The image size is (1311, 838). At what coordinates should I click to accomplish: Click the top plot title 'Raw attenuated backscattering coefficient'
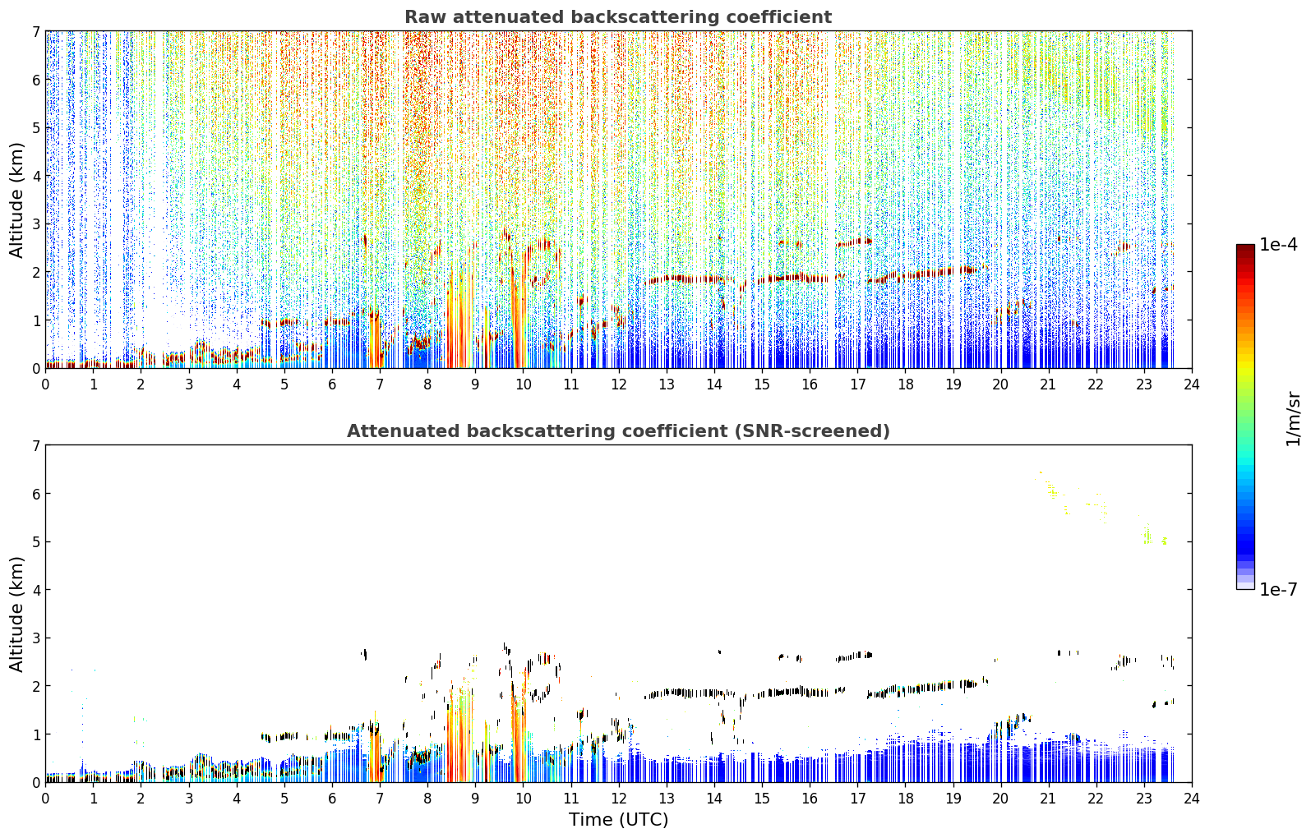pos(618,17)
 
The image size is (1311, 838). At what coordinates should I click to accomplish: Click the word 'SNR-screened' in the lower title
pos(810,431)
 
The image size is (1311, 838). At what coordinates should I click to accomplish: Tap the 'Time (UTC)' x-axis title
pos(618,819)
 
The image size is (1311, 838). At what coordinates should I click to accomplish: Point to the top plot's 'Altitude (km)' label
pos(16,200)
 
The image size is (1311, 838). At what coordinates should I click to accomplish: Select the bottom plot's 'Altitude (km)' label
pos(16,614)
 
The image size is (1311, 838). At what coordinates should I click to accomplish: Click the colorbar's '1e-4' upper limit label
pos(1278,245)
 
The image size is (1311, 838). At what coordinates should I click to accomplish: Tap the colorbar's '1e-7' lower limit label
pos(1278,589)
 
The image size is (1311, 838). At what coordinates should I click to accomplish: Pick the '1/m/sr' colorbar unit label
pos(1293,419)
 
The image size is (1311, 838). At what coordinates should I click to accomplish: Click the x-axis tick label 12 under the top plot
pos(619,384)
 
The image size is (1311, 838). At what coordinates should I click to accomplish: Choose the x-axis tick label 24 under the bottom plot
pos(1192,799)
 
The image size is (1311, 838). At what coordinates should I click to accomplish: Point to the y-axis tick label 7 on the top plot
pos(36,31)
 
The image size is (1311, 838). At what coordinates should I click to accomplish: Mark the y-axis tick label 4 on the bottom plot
pos(36,590)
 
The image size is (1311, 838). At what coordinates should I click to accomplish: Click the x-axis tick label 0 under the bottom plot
pos(46,799)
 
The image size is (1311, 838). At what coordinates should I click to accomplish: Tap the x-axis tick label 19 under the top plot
pos(953,384)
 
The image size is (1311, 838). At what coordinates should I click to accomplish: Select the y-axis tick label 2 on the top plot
pos(36,272)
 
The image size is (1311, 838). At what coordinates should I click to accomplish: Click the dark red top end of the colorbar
pos(1245,247)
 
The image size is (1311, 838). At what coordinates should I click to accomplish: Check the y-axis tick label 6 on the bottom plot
pos(36,494)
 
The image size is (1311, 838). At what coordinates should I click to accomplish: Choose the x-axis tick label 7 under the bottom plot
pos(380,799)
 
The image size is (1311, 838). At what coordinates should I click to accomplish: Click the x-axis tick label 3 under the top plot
pos(189,384)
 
